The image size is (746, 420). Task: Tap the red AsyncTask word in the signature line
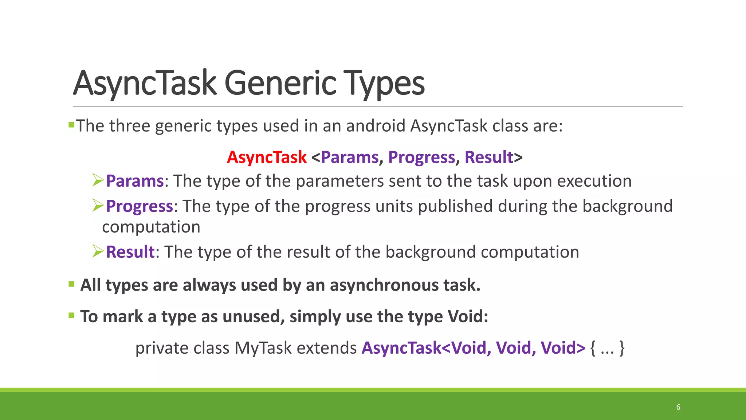[267, 157]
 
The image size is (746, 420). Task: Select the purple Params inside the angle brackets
[350, 157]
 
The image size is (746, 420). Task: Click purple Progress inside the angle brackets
[421, 157]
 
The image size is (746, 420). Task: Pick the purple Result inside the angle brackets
[489, 157]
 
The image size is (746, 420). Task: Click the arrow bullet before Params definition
[98, 180]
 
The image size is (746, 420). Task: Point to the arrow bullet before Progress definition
[98, 205]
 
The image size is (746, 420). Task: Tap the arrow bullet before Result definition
[98, 251]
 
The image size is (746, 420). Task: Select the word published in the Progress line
[455, 206]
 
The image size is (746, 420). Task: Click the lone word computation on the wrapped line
[151, 227]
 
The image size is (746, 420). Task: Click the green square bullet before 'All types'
[71, 284]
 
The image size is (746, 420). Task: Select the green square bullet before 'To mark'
[71, 315]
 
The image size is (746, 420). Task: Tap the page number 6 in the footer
[678, 407]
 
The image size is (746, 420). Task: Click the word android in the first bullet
[376, 126]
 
